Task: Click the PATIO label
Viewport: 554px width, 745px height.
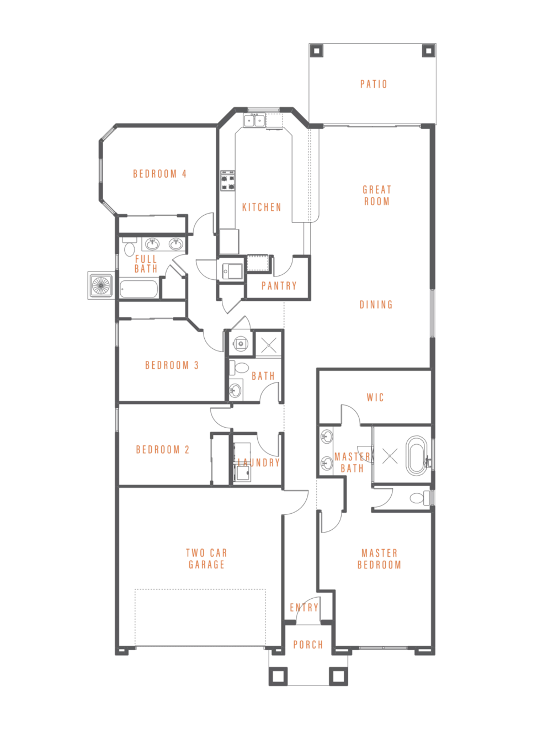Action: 374,84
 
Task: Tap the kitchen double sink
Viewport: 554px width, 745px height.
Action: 254,120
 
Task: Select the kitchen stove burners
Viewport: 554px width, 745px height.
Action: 227,180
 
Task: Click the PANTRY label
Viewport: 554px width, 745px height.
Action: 279,286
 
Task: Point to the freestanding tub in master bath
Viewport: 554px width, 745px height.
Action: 417,455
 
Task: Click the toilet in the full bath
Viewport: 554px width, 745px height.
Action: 129,247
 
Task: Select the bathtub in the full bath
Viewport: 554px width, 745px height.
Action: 138,289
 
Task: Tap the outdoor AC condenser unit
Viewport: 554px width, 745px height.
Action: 101,285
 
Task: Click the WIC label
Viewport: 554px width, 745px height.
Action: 375,397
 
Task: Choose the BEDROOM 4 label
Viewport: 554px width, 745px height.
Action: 159,174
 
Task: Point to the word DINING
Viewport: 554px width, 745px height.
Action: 376,305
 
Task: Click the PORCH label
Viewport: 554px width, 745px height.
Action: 308,645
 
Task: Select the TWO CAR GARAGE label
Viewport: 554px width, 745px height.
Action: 206,558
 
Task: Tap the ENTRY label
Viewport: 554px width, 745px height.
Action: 304,607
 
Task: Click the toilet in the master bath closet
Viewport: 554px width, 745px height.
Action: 419,497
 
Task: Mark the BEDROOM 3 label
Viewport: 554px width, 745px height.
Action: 172,365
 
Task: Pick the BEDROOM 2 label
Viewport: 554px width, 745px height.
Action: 163,449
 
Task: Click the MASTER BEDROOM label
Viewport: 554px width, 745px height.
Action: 379,559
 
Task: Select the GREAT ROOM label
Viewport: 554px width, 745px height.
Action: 377,195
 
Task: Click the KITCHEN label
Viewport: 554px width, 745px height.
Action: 262,207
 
